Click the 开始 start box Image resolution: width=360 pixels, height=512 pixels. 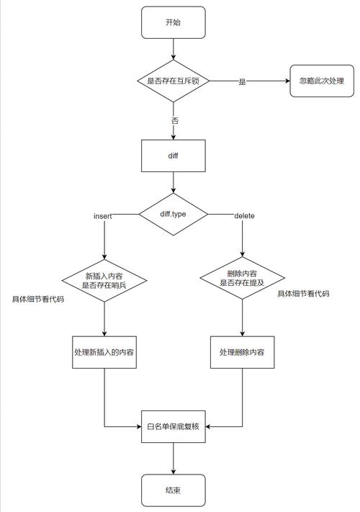pyautogui.click(x=174, y=23)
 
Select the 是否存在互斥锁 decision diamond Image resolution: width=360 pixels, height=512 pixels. pyautogui.click(x=174, y=81)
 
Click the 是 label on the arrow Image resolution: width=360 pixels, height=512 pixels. pyautogui.click(x=242, y=82)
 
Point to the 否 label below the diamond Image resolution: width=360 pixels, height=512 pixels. pyautogui.click(x=174, y=120)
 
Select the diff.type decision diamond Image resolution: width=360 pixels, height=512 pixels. pyautogui.click(x=174, y=214)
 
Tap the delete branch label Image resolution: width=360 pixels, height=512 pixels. pyautogui.click(x=244, y=216)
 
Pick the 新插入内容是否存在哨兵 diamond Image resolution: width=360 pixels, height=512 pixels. pyautogui.click(x=105, y=280)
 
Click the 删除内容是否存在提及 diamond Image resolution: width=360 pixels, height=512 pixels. pyautogui.click(x=242, y=278)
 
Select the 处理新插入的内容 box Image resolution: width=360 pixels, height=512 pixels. pyautogui.click(x=105, y=352)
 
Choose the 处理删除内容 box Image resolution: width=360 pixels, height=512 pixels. pyautogui.click(x=242, y=352)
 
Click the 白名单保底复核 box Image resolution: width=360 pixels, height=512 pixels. pyautogui.click(x=174, y=426)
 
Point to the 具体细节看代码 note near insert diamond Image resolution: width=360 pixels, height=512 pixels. pyautogui.click(x=38, y=298)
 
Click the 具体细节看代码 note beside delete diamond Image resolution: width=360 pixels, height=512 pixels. pyautogui.click(x=304, y=295)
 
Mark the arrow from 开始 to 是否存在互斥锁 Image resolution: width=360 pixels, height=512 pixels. pyautogui.click(x=174, y=50)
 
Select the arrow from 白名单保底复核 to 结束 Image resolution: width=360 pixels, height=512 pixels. pyautogui.click(x=174, y=459)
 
